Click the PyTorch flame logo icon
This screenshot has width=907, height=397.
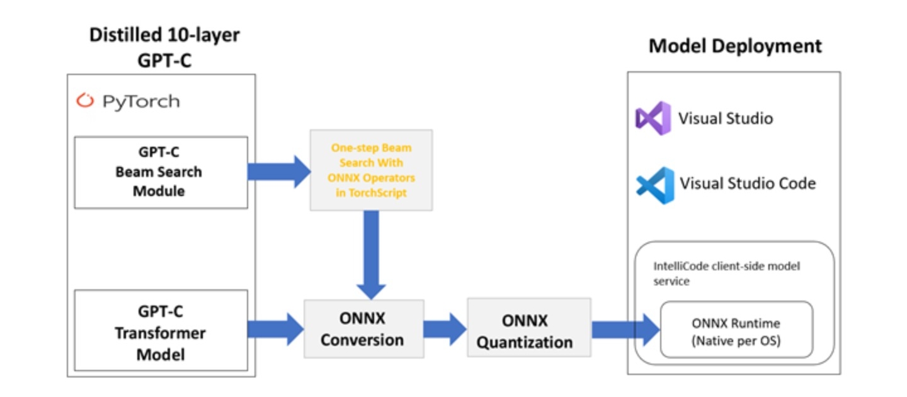pyautogui.click(x=85, y=101)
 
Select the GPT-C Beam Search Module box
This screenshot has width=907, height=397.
pyautogui.click(x=161, y=172)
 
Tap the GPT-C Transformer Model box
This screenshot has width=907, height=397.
pyautogui.click(x=161, y=332)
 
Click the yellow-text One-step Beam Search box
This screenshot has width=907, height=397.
pyautogui.click(x=371, y=170)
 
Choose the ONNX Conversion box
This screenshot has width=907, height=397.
pyautogui.click(x=363, y=329)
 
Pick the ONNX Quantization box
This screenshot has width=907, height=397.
pyautogui.click(x=528, y=331)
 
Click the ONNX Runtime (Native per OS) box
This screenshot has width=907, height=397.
pyautogui.click(x=736, y=331)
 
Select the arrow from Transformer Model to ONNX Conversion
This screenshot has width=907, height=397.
pyautogui.click(x=275, y=329)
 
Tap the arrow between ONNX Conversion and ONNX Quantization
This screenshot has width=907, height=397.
pyautogui.click(x=444, y=329)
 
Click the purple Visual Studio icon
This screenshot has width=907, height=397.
pyautogui.click(x=653, y=118)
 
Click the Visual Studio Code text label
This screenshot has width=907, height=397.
pyautogui.click(x=748, y=183)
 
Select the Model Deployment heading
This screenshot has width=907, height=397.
pyautogui.click(x=735, y=46)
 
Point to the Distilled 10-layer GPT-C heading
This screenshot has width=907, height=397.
pyautogui.click(x=164, y=47)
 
